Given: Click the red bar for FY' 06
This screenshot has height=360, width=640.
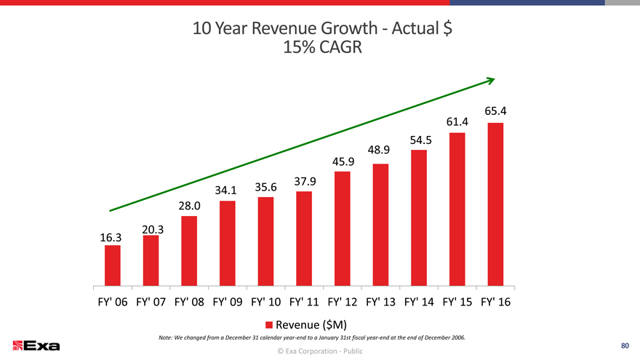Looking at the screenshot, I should pos(112,266).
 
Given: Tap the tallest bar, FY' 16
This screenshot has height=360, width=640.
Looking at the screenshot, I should pos(496,204).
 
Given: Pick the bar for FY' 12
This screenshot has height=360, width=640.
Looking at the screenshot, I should pos(342,229).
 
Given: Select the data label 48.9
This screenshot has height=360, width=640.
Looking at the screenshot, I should pos(380,151).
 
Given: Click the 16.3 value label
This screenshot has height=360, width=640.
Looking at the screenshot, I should pos(110,237).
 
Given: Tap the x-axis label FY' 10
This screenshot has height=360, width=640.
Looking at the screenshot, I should pos(265,302).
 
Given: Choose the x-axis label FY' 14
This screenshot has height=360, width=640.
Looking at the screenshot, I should pos(419,302).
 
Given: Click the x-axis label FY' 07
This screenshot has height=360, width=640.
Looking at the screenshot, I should pos(151,302).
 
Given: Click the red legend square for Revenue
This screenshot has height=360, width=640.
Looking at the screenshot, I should pos(268,324).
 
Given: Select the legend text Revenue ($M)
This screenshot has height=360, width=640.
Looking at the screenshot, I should pos(305,324).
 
